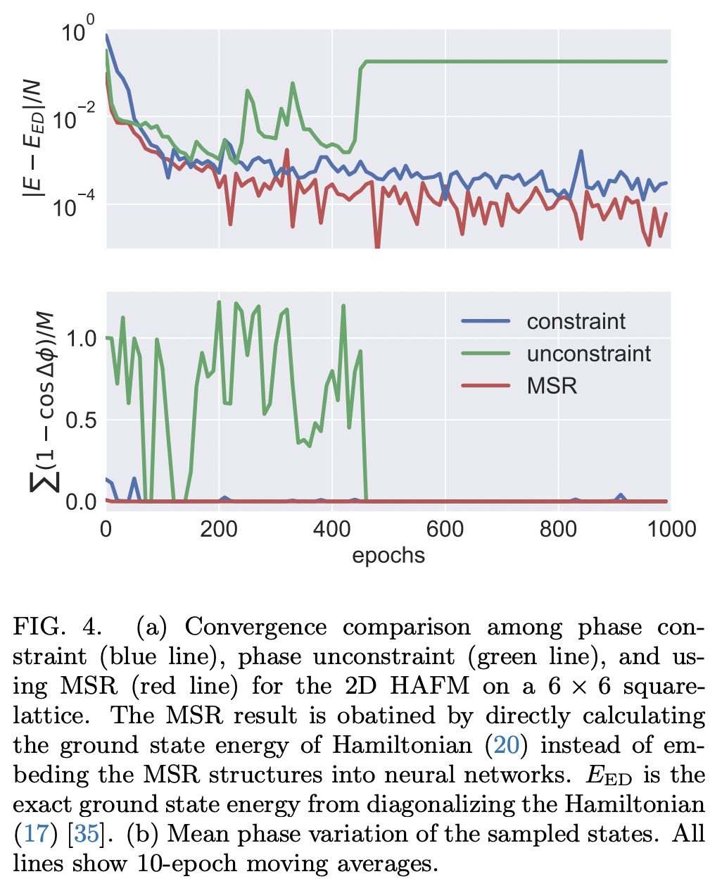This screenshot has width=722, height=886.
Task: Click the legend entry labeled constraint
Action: tap(576, 322)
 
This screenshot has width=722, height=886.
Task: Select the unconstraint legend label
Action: tap(588, 354)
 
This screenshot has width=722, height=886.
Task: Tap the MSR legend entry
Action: tap(552, 386)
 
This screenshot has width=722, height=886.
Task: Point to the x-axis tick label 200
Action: tap(219, 530)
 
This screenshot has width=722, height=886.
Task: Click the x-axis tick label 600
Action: tap(445, 530)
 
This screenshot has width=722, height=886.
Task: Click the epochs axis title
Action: tap(388, 556)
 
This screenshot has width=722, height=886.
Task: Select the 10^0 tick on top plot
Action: tap(78, 33)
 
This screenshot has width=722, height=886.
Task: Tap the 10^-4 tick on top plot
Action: tap(74, 206)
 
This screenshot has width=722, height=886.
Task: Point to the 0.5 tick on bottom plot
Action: tap(80, 420)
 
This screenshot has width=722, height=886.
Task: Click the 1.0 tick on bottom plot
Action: tap(80, 339)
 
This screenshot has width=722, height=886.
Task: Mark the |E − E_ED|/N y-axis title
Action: tap(36, 139)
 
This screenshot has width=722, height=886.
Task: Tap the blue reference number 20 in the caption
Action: tap(507, 745)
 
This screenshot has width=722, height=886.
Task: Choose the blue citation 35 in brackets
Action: tap(86, 834)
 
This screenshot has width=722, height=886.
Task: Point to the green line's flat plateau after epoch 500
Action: tap(514, 62)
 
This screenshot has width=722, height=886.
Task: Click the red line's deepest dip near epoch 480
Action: tap(377, 245)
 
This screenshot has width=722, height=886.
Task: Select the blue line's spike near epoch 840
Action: tap(581, 151)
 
